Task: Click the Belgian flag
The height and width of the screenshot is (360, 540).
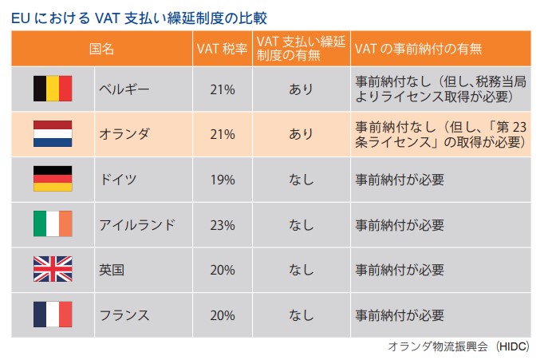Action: pos(53,89)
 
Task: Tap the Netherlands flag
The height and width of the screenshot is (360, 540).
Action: pos(53,134)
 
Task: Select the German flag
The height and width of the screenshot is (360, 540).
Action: pos(53,179)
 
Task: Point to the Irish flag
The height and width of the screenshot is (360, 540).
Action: pos(53,224)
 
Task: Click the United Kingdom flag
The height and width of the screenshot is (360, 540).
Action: pos(53,270)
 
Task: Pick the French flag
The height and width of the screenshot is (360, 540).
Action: pos(53,315)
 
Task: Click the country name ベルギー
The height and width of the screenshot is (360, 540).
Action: pos(124,89)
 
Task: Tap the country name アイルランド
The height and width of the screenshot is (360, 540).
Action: pos(136,224)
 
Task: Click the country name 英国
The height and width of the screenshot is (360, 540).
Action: pos(112,270)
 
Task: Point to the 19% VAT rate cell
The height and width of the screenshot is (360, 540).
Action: pos(223,179)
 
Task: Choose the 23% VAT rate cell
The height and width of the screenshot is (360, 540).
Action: pos(223,224)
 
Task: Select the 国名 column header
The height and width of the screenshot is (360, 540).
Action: pos(102,48)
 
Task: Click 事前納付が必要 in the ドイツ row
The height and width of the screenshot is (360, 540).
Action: pos(399,179)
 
